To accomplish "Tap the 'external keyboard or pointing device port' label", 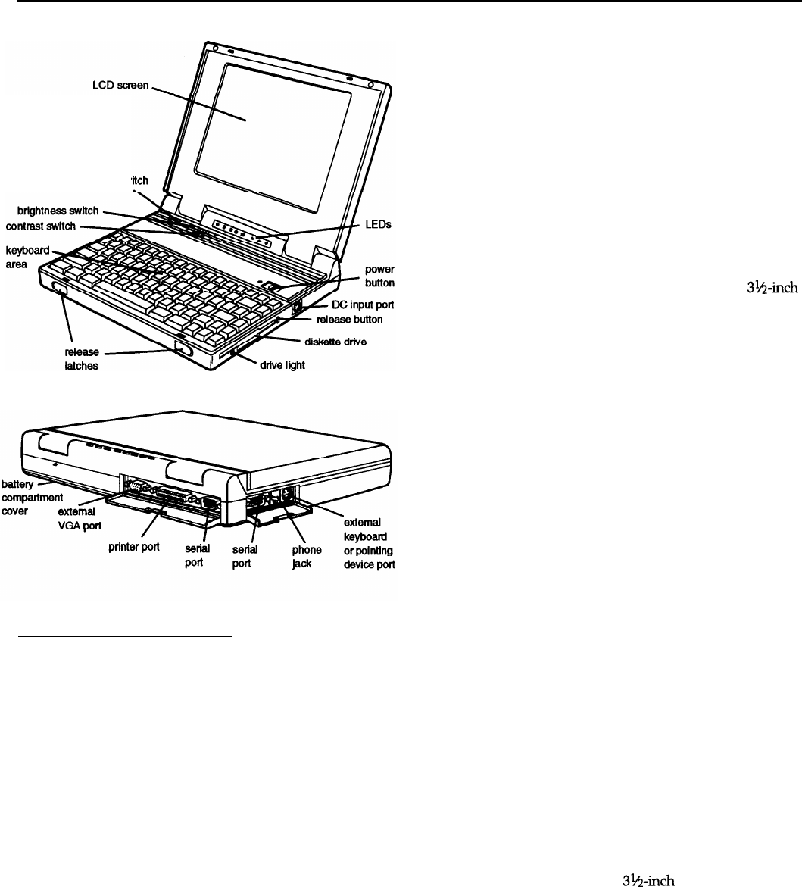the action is click(369, 543).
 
